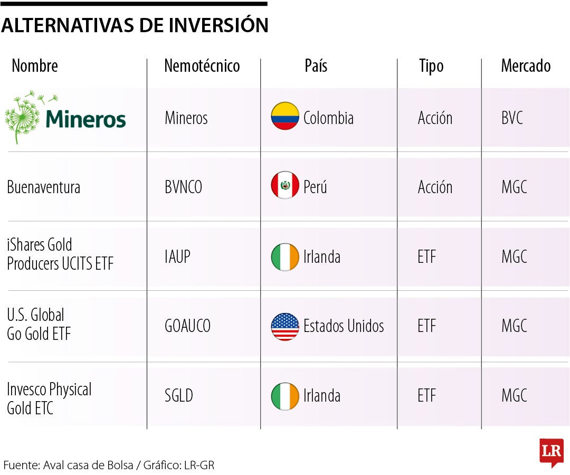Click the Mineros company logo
(65, 117)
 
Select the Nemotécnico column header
(202, 66)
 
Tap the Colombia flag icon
(285, 117)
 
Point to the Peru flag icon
(285, 186)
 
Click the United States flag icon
(285, 327)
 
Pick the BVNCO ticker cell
(183, 187)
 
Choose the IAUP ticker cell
(177, 257)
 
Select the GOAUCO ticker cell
(187, 326)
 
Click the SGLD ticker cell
(178, 396)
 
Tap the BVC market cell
(512, 118)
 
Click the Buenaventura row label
(44, 187)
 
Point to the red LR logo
(551, 452)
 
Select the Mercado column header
(525, 66)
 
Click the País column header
(316, 66)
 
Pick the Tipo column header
(431, 66)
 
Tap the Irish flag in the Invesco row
(285, 396)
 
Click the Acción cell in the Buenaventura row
(435, 187)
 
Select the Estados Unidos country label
(344, 326)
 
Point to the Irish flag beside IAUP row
(285, 257)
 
